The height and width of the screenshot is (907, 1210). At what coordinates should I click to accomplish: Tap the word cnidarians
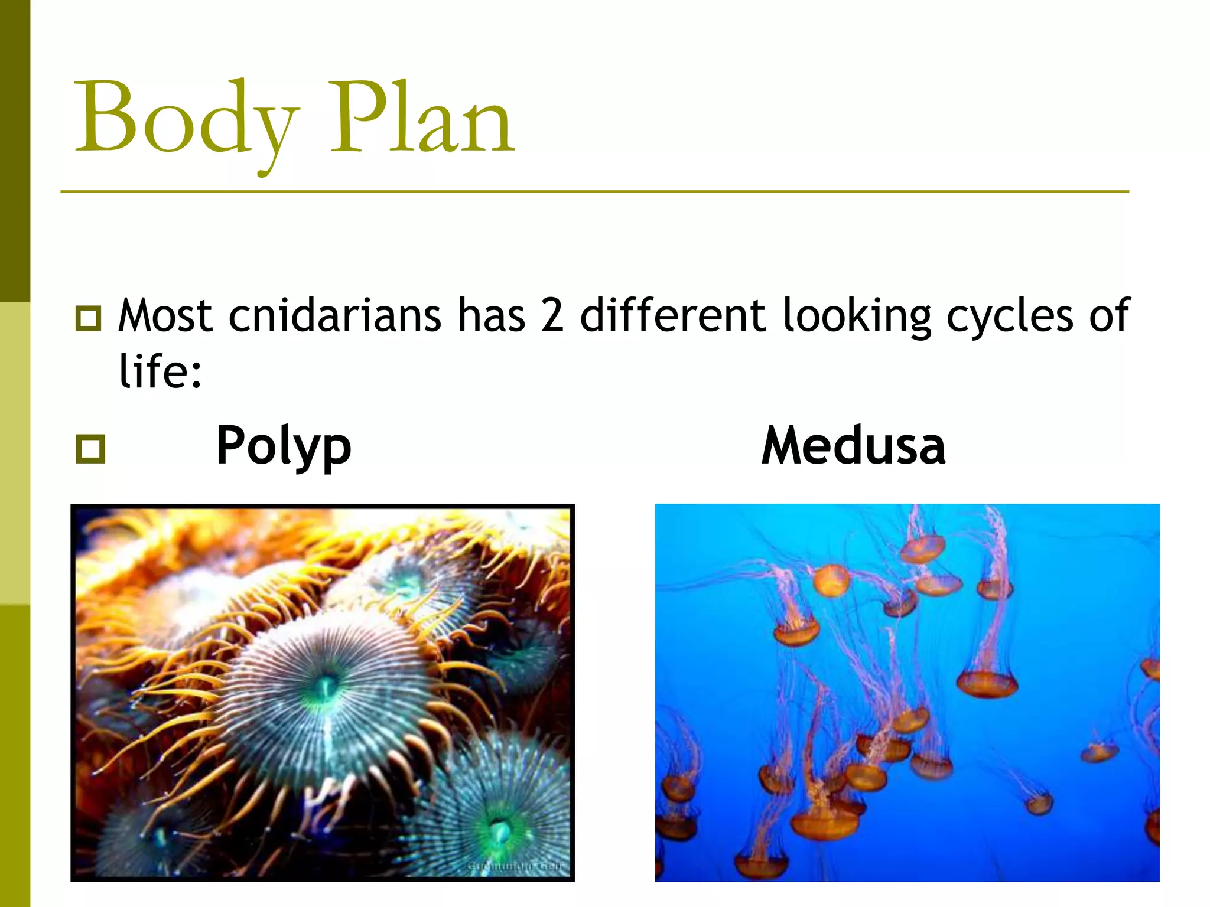334,316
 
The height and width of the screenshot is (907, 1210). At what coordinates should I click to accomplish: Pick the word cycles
1010,316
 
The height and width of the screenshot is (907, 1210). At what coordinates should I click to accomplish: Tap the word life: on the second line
160,371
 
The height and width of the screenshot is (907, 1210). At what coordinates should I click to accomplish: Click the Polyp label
284,446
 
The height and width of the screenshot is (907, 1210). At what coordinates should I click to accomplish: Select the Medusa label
853,446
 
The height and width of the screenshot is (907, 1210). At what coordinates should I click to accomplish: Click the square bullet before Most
89,318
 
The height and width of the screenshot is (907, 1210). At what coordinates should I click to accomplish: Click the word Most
165,316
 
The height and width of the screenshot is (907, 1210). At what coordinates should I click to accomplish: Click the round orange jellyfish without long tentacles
831,579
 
